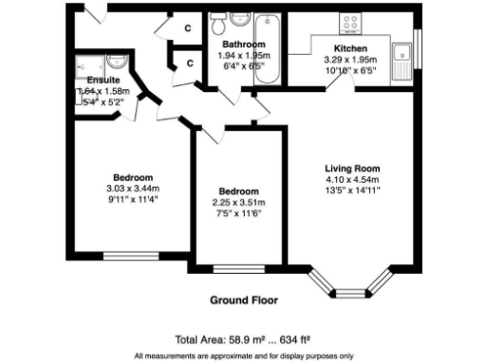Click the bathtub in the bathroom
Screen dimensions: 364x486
click(x=264, y=45)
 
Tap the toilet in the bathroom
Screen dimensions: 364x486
click(x=234, y=21)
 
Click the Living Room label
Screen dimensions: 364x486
click(x=351, y=168)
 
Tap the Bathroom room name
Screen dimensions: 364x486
click(x=243, y=45)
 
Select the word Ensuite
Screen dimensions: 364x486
click(x=103, y=81)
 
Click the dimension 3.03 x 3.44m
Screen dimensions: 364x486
click(x=133, y=189)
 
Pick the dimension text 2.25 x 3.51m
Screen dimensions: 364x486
click(x=238, y=203)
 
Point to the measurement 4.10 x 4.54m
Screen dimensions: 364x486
click(x=351, y=179)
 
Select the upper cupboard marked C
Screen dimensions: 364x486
click(x=188, y=28)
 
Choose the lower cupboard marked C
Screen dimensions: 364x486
click(x=190, y=64)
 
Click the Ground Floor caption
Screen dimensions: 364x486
click(x=243, y=300)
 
